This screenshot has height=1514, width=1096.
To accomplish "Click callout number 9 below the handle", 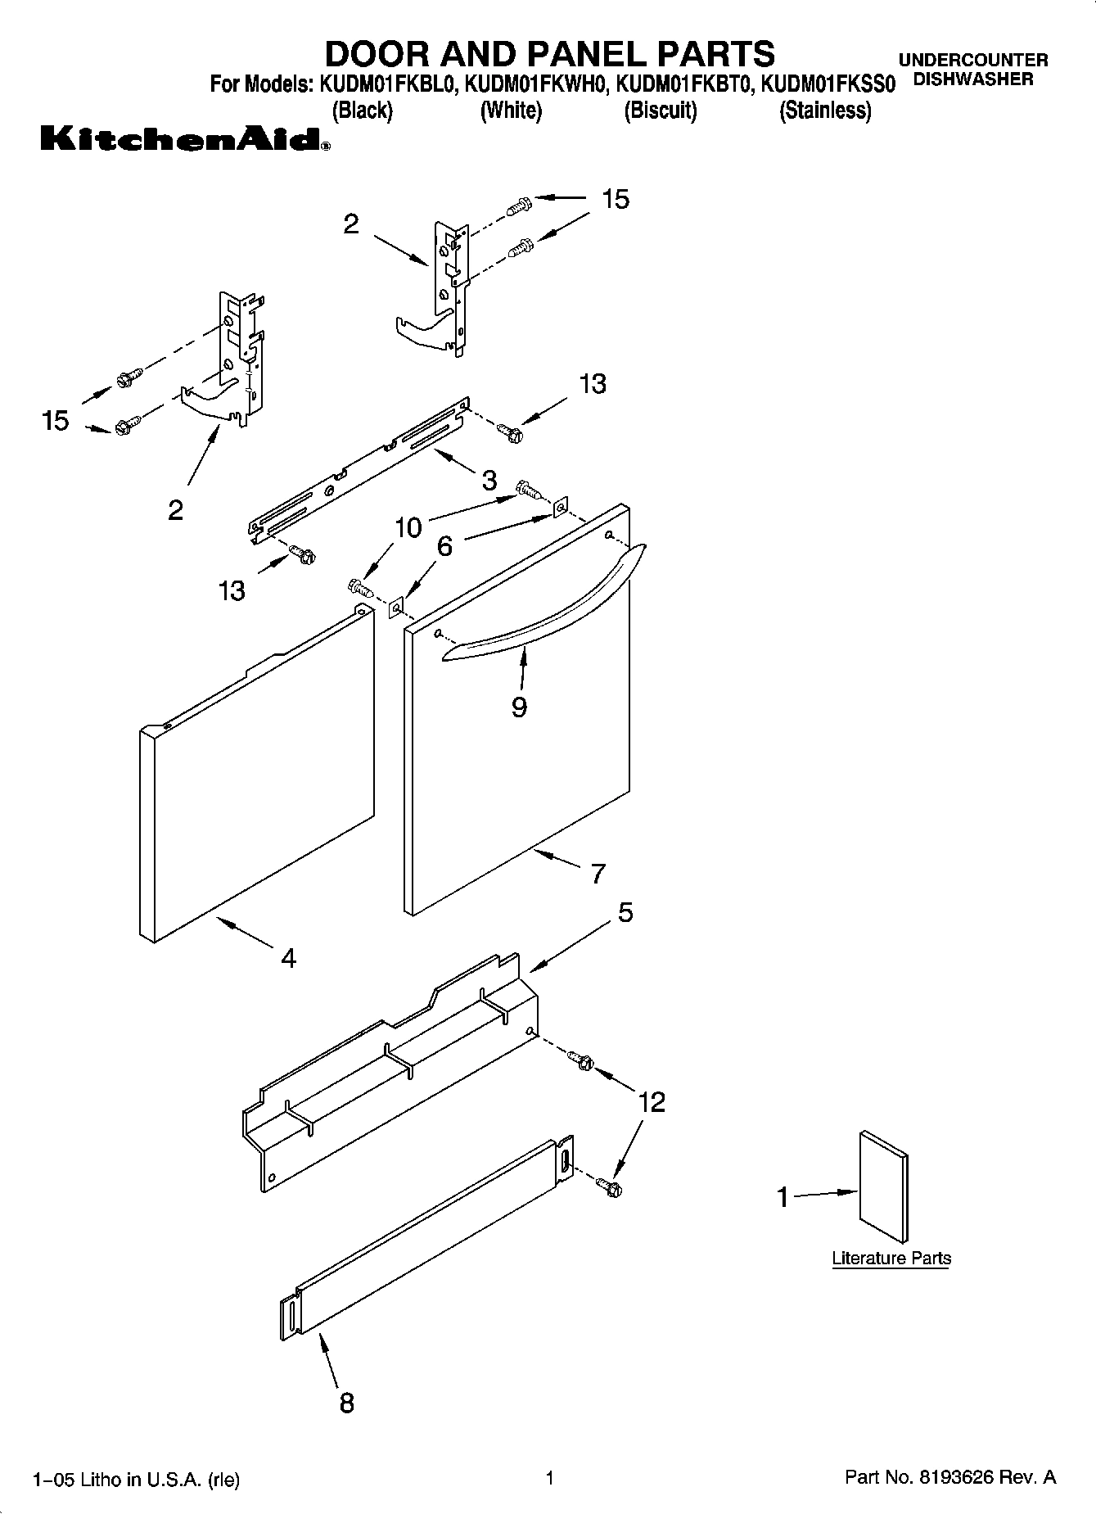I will click(519, 707).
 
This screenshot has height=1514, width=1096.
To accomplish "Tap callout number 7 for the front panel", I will click(598, 874).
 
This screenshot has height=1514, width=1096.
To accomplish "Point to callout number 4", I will click(288, 957).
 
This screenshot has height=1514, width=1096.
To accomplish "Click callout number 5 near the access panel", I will click(625, 912).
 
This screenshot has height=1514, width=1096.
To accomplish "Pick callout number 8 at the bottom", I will click(346, 1403).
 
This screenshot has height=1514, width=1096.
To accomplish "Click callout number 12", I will click(652, 1102).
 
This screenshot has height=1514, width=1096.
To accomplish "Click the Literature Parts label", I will click(891, 1258).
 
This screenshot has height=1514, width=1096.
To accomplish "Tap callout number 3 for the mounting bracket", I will click(489, 480).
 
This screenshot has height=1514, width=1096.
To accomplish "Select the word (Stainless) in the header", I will click(825, 111).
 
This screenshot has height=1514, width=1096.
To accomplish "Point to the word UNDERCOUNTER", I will click(973, 60).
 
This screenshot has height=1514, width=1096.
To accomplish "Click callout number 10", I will click(408, 527).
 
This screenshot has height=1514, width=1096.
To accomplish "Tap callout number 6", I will click(444, 545).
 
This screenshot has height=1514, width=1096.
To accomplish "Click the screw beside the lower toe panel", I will click(608, 1185).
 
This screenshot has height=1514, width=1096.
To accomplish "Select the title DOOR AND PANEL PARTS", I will click(549, 53).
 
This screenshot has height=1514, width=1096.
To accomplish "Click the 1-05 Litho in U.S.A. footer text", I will click(136, 1480).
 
